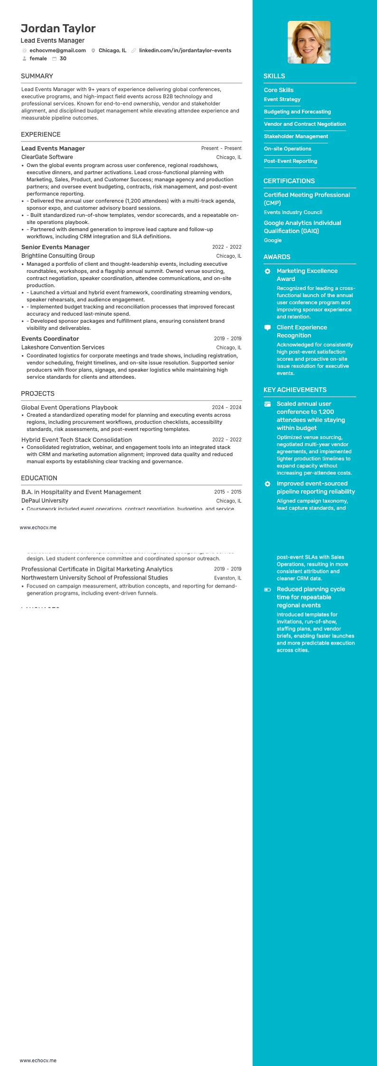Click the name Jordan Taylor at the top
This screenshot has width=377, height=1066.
pos(58,28)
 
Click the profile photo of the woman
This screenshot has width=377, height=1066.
pos(309,42)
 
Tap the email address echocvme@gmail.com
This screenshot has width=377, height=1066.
pos(57,50)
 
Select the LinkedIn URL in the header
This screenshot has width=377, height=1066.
pos(185,50)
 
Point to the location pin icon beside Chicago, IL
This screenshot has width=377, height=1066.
pos(94,51)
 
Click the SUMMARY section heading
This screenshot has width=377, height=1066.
pos(37,76)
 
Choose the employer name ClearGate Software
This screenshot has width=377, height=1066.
pos(47,157)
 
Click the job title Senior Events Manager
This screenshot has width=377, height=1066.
pos(55,247)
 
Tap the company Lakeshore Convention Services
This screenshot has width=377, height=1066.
pos(63,347)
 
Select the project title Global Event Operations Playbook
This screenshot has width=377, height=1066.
pos(69,407)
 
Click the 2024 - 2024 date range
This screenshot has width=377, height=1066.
pos(226,407)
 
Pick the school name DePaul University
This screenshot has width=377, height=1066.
pos(45,501)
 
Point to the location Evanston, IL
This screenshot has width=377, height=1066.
pos(227,578)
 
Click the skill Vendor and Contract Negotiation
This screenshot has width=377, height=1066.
pos(305,124)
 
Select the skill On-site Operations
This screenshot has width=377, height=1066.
pos(287,149)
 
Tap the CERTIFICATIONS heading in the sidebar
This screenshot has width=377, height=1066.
pos(289,181)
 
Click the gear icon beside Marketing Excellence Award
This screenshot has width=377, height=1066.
pos(267,271)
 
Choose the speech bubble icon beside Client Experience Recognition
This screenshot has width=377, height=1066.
pos(267,327)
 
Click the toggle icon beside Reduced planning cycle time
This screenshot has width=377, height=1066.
pos(267,589)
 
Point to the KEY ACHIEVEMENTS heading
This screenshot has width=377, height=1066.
pos(295,390)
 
